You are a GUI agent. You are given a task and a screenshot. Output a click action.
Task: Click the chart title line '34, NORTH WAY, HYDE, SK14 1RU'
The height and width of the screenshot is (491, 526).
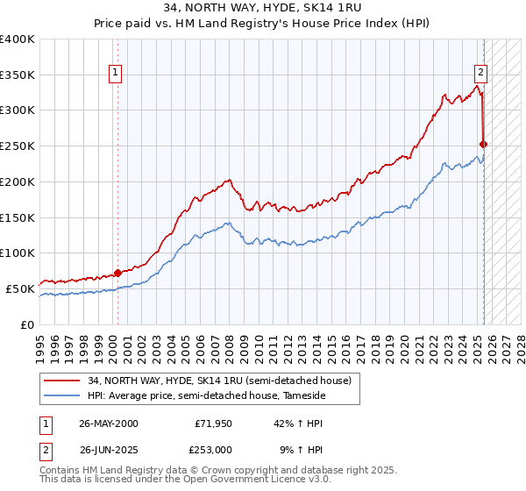click(262, 10)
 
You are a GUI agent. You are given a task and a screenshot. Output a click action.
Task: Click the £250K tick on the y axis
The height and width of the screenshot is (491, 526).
click(18, 146)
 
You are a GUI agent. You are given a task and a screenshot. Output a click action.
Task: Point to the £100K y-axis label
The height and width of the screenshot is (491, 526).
click(18, 253)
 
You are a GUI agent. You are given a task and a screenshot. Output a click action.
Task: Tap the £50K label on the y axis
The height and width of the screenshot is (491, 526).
click(20, 288)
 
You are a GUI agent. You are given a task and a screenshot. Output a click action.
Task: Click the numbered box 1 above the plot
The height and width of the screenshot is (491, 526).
click(116, 73)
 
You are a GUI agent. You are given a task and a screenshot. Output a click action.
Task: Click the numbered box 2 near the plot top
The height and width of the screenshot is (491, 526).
click(481, 73)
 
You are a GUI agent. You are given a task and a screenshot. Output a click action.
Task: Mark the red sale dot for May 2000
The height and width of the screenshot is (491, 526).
click(118, 273)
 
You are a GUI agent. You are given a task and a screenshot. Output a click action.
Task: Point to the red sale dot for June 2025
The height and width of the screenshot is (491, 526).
click(484, 144)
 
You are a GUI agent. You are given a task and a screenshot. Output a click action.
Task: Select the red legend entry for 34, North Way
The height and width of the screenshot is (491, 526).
click(219, 381)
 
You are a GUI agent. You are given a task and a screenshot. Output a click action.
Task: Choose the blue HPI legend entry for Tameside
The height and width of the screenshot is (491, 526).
click(206, 396)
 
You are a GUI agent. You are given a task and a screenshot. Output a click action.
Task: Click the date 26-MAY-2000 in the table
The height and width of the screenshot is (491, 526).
click(108, 423)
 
